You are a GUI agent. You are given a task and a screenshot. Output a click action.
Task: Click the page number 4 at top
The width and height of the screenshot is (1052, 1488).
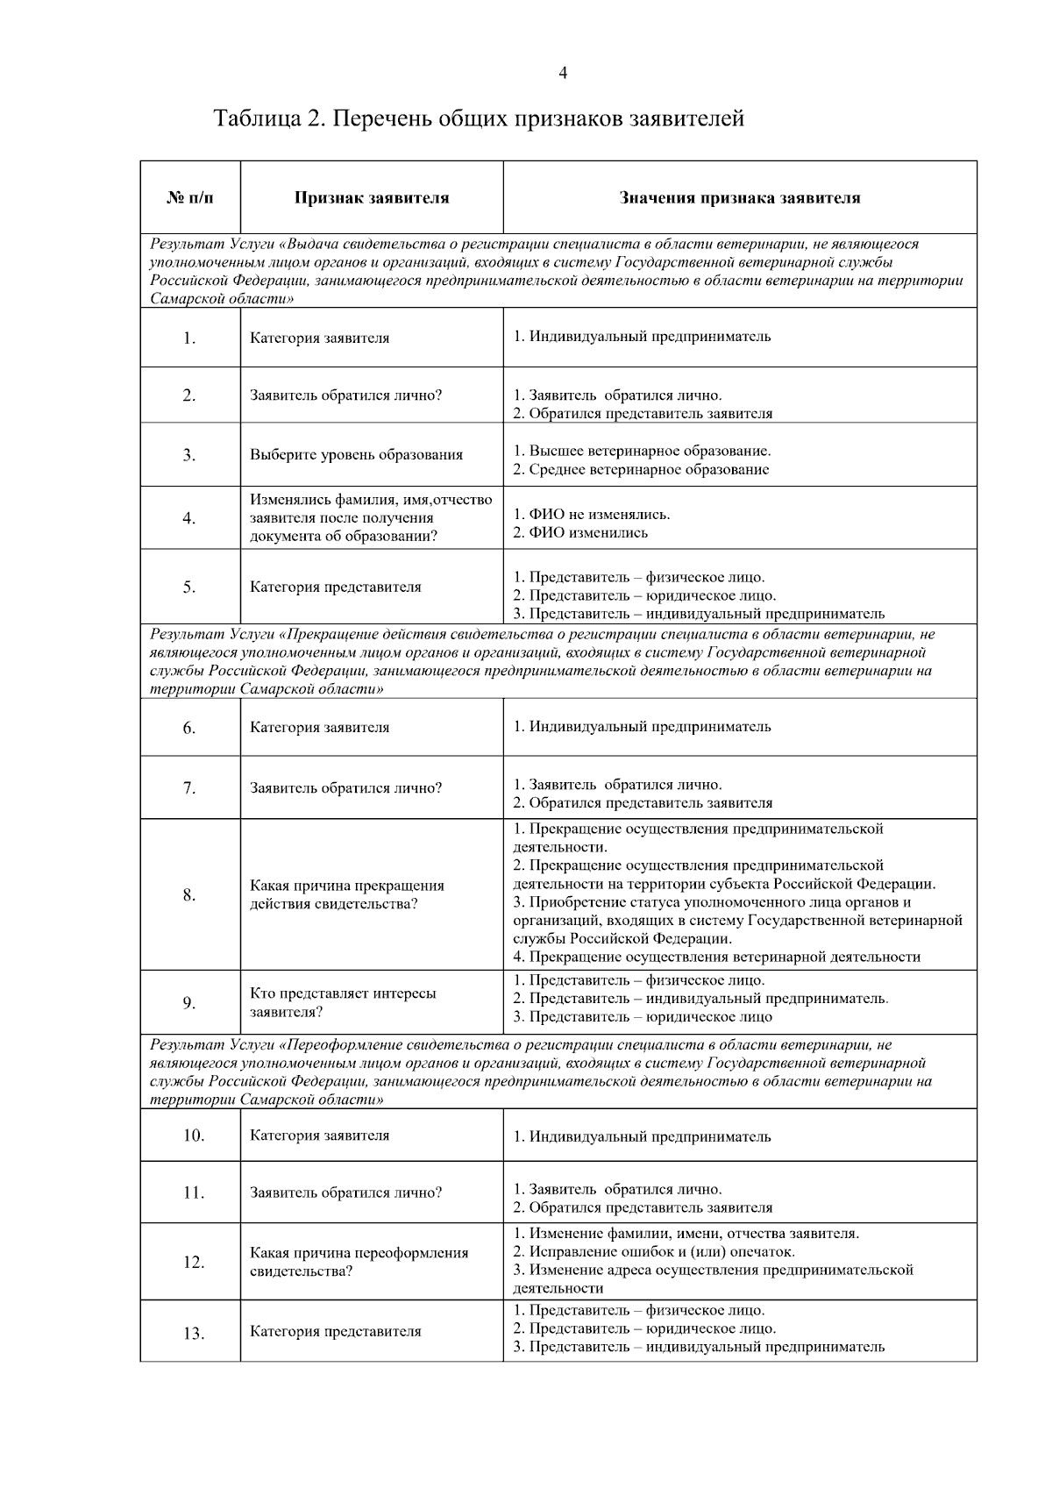coord(562,74)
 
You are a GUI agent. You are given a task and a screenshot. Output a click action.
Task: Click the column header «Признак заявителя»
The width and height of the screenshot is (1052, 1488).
coord(372,198)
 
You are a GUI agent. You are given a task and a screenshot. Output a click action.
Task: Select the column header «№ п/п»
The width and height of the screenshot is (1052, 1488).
coord(189,198)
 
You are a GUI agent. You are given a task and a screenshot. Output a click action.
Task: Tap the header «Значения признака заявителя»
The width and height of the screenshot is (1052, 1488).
coord(740,198)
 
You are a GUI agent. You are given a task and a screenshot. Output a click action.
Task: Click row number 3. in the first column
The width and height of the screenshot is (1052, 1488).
coord(189,455)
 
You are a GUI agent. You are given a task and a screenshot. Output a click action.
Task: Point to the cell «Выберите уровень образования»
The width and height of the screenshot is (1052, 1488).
coord(356,455)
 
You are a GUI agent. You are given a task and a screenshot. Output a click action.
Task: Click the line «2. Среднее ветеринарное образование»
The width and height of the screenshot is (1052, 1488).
coord(641,470)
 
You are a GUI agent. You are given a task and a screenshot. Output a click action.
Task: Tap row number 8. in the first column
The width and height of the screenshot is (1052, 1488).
coord(189,895)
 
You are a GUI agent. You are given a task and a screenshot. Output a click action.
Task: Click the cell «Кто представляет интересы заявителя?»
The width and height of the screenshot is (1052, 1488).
coord(343,1003)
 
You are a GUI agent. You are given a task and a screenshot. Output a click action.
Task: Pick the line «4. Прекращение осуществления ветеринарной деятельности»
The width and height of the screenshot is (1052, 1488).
coord(716,958)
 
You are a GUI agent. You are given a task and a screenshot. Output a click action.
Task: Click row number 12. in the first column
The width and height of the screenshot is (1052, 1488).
coord(194,1263)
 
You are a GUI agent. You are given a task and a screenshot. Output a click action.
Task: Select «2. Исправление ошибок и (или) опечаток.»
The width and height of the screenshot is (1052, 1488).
coord(653,1252)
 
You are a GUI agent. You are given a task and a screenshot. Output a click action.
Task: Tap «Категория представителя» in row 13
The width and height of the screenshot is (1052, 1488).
coord(335,1332)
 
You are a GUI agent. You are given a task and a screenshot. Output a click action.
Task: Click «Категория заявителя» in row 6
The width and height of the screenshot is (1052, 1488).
coord(319,728)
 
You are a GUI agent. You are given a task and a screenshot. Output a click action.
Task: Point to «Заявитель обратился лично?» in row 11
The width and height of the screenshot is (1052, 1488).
coord(345,1193)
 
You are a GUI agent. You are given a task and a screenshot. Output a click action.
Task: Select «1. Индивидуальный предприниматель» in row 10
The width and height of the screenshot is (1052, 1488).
coord(642,1137)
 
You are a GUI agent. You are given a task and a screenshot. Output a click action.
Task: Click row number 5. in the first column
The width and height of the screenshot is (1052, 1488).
coord(189,587)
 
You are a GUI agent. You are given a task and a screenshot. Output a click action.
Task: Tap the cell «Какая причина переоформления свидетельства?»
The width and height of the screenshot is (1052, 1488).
coord(359,1263)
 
